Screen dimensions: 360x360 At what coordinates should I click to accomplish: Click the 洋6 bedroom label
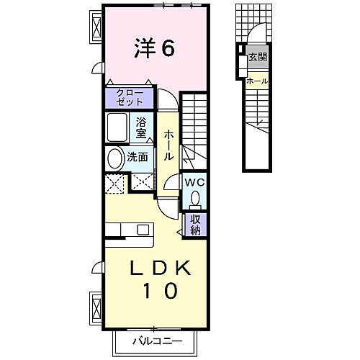click(153, 50)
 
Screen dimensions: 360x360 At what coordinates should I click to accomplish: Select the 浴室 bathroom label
click(143, 127)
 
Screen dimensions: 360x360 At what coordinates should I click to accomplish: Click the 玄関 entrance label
click(257, 57)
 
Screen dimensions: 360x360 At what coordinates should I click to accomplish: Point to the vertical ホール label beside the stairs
click(168, 145)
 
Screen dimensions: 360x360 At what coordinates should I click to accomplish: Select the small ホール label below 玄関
click(257, 81)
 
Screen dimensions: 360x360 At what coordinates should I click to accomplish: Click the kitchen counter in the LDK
click(130, 230)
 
